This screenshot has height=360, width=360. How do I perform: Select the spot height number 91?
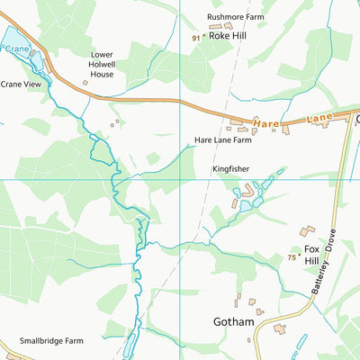coord(196,38)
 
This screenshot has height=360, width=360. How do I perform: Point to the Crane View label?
coord(22,84)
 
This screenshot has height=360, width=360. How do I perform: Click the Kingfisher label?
coord(230,168)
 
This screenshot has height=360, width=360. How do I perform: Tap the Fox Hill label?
coord(312,255)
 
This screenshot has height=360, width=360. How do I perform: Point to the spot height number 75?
coord(292,257)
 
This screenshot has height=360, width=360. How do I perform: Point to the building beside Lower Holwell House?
coord(85,82)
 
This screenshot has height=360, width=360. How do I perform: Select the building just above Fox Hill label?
coord(307,231)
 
